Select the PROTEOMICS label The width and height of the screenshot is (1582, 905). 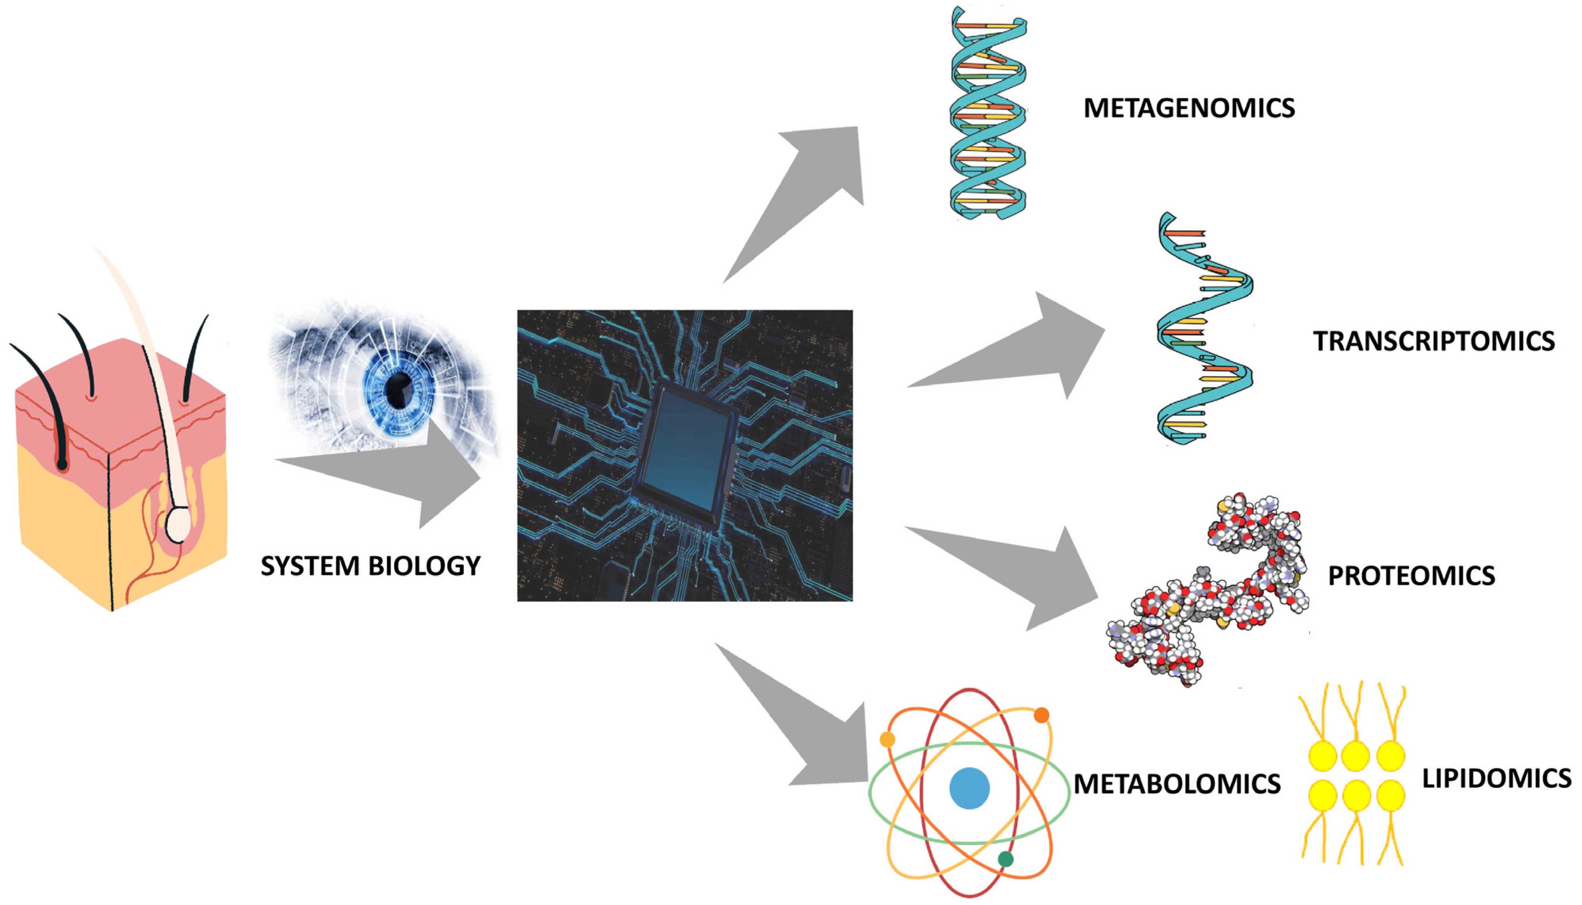(x=1411, y=576)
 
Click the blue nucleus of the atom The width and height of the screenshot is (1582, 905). (x=969, y=788)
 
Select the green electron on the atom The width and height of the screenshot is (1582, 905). (x=1005, y=859)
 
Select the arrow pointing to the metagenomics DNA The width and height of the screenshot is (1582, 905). (x=808, y=193)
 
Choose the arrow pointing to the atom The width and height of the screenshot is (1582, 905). (x=808, y=721)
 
